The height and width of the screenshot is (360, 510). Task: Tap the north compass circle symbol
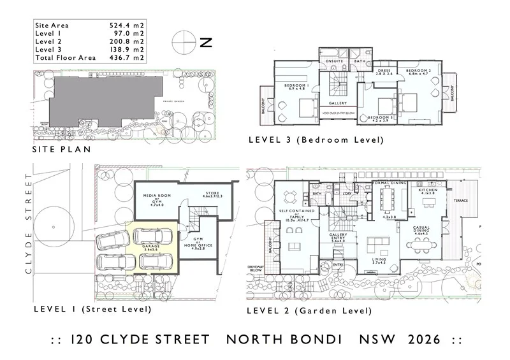click(x=182, y=43)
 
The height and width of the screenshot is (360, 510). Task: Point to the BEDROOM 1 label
click(x=296, y=85)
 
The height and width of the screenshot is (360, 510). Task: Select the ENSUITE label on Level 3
click(x=335, y=62)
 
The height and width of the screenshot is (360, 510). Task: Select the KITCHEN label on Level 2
click(x=427, y=190)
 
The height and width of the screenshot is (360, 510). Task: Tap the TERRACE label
click(x=460, y=201)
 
